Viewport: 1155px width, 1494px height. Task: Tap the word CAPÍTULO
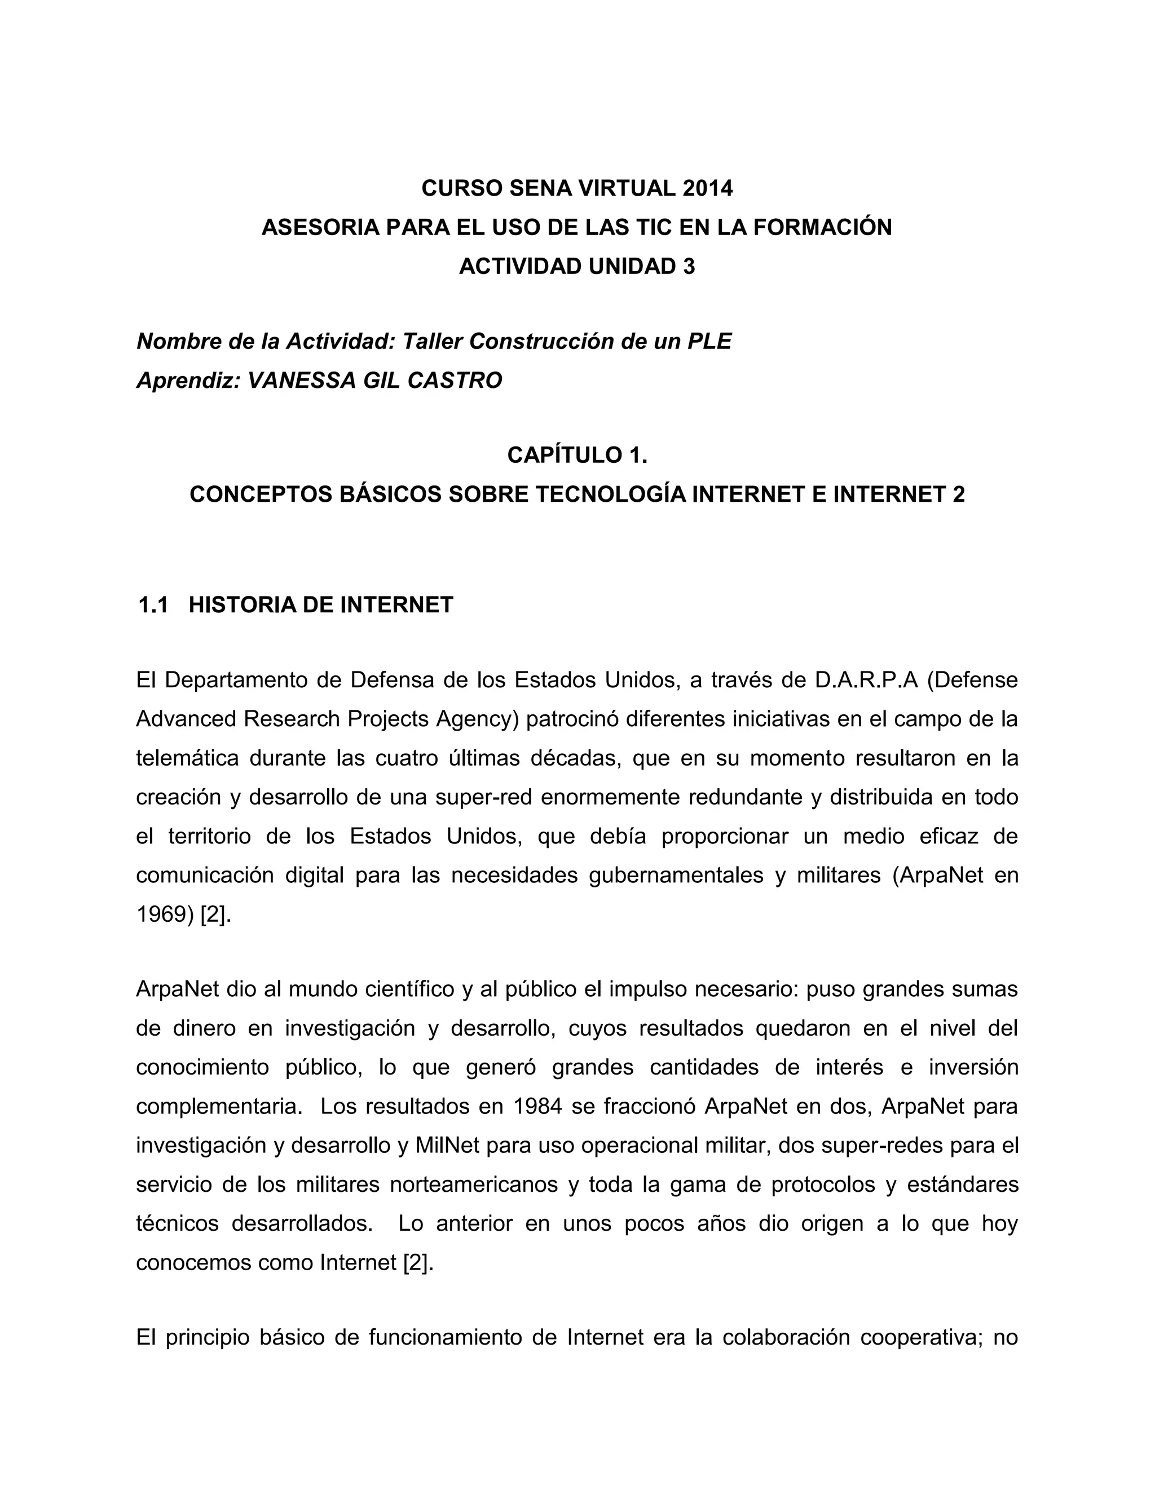(x=564, y=455)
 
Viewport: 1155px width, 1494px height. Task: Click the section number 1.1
(x=153, y=605)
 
